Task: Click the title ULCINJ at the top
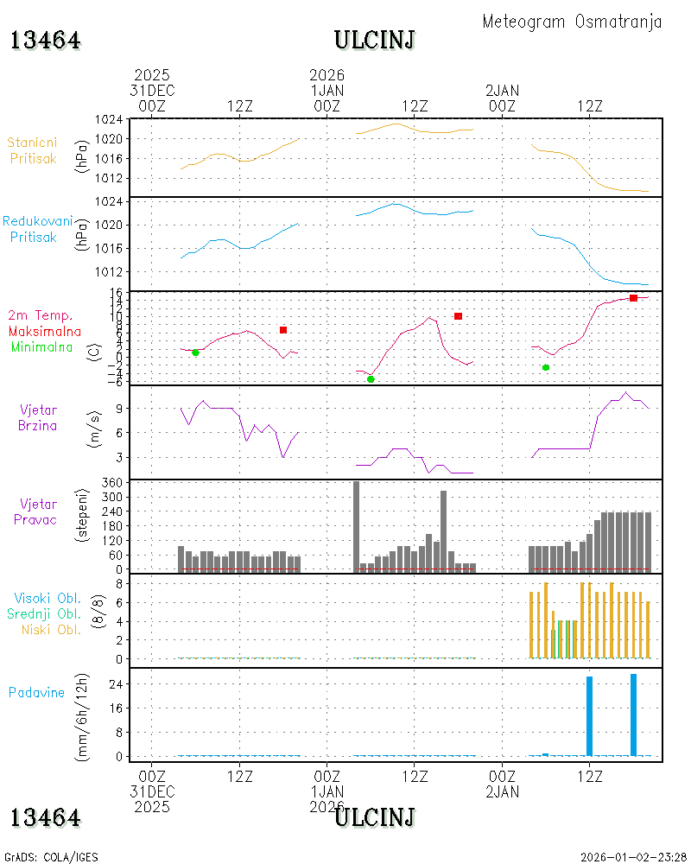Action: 374,41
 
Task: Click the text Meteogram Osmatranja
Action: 572,22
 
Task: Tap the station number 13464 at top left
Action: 45,41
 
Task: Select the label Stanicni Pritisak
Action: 33,150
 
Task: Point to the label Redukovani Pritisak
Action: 37,229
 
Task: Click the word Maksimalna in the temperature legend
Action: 45,331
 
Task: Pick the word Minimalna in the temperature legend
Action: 41,347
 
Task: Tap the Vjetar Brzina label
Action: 37,417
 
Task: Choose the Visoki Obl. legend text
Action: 48,598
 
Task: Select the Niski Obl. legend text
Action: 51,629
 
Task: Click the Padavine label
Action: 36,693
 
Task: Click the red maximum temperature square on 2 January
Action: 633,298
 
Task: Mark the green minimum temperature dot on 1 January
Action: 371,379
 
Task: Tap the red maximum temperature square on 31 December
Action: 283,330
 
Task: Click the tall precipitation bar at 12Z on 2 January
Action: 590,716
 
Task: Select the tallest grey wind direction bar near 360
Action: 356,527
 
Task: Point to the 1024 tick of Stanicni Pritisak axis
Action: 109,119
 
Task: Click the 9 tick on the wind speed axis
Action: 119,409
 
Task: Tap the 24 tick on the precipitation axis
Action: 116,684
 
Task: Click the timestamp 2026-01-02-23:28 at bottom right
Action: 633,857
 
